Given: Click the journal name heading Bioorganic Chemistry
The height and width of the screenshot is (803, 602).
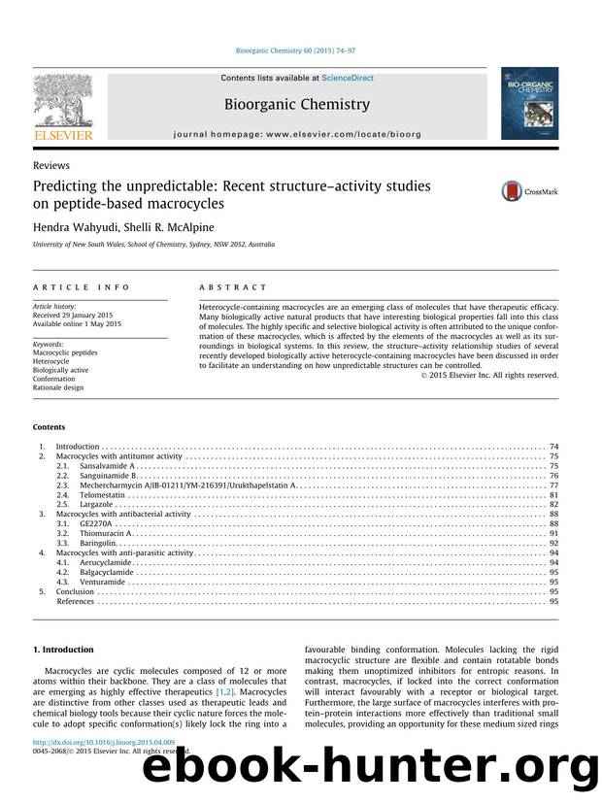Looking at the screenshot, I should (x=297, y=104).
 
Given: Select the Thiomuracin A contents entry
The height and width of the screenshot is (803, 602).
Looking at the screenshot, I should (x=107, y=533).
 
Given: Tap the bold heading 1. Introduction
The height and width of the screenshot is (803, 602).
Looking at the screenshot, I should (x=64, y=650).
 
